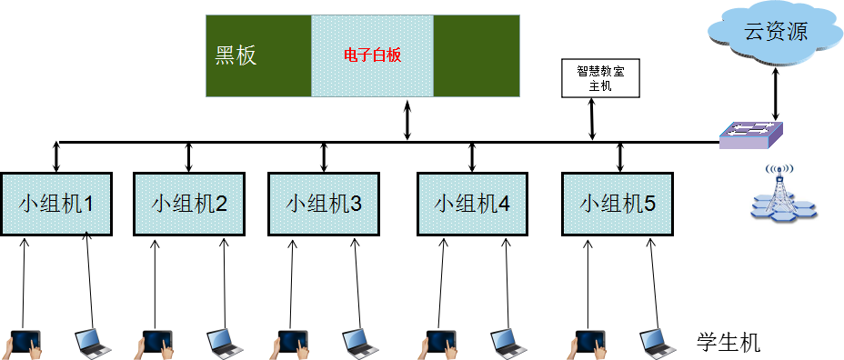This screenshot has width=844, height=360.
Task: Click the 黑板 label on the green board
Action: (x=236, y=55)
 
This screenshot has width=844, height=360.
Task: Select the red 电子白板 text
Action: (x=372, y=55)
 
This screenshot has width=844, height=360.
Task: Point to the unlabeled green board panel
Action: (x=476, y=55)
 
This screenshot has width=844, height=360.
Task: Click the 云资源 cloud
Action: (x=775, y=34)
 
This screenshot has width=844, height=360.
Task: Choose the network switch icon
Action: (x=750, y=135)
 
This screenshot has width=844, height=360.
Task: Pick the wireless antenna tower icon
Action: (x=784, y=194)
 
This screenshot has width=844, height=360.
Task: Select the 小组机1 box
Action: (x=55, y=204)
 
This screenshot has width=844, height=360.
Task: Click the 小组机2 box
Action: (x=189, y=204)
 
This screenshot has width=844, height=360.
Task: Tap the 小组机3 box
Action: (x=324, y=204)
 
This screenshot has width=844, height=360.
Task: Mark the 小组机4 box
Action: (x=472, y=204)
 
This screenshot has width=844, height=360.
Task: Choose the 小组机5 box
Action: (x=618, y=204)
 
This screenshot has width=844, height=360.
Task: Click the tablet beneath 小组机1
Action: (x=22, y=343)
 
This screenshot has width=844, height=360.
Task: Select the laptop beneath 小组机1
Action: (x=92, y=342)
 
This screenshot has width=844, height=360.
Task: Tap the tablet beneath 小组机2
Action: (x=156, y=343)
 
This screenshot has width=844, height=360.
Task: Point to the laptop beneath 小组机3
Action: (x=359, y=342)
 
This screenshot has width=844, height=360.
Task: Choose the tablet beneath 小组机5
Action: (x=588, y=343)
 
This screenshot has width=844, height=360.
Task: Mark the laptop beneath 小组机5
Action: (x=657, y=342)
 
